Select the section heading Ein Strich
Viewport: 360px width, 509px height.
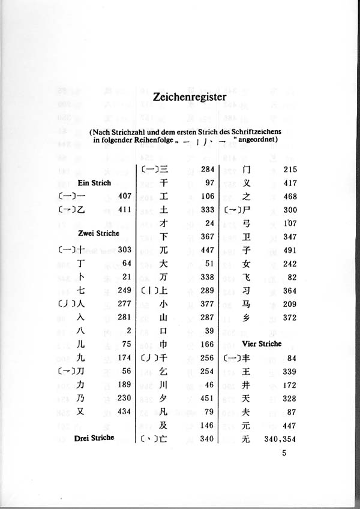click(x=94, y=182)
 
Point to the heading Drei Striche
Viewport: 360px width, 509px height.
click(x=94, y=438)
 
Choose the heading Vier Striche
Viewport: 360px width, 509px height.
click(x=262, y=344)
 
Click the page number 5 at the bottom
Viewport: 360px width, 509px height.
click(x=285, y=454)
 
